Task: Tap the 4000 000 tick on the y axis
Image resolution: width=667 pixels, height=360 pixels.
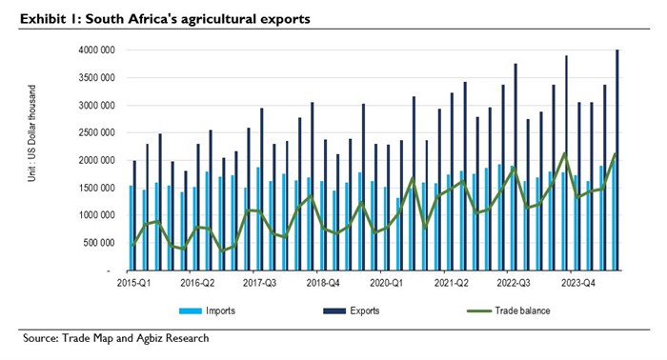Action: pyautogui.click(x=97, y=50)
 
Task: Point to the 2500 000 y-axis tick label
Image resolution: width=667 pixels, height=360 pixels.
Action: pyautogui.click(x=97, y=133)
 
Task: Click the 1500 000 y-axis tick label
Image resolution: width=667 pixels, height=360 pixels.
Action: pyautogui.click(x=97, y=189)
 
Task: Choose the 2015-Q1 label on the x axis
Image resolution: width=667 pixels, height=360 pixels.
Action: pyautogui.click(x=132, y=283)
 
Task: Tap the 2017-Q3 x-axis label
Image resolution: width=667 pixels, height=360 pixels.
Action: pyautogui.click(x=260, y=283)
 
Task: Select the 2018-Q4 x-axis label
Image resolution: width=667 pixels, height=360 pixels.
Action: pyautogui.click(x=324, y=283)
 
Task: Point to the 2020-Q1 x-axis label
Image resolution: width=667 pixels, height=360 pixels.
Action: pyautogui.click(x=388, y=283)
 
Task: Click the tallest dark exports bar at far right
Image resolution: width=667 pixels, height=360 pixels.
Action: pyautogui.click(x=618, y=162)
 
